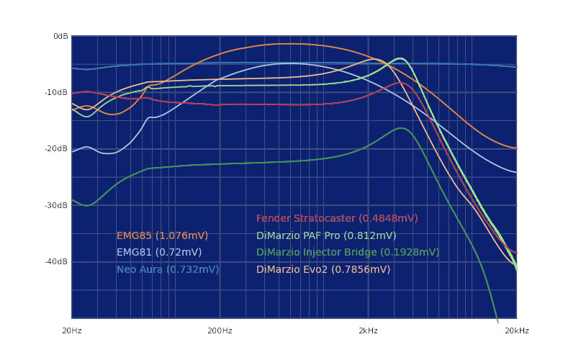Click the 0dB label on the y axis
point(60,36)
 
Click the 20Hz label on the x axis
point(72,330)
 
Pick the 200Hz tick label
point(220,330)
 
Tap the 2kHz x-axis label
point(368,330)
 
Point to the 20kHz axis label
point(516,330)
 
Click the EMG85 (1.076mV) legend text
point(162,235)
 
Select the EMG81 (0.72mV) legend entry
point(159,252)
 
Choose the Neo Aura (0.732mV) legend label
point(168,269)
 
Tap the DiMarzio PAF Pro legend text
point(326,235)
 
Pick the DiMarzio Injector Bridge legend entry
point(348,252)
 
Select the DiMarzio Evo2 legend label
point(323,269)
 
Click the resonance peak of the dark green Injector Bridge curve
point(401,128)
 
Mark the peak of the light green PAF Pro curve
point(400,58)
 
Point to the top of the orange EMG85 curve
point(288,44)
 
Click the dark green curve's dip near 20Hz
point(86,205)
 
